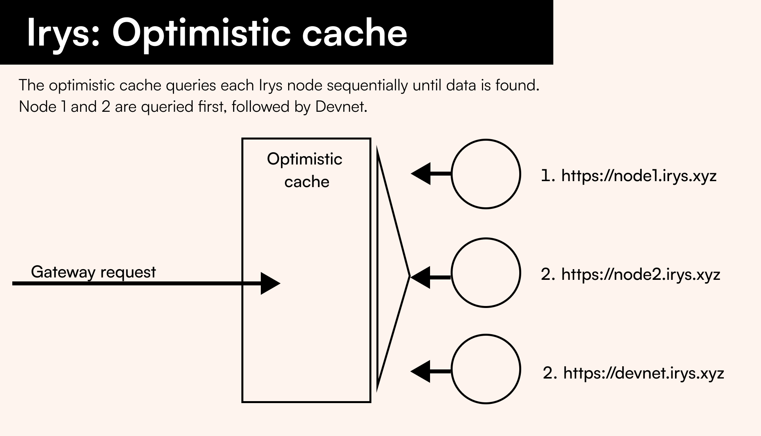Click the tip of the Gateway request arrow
[281, 283]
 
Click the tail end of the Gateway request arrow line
[13, 283]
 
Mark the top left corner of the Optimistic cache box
[242, 138]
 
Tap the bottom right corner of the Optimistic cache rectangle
[371, 402]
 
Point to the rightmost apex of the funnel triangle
[409, 276]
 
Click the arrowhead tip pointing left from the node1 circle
[411, 174]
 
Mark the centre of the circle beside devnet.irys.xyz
[486, 369]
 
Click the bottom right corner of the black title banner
[553, 64]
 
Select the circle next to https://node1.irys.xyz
[486, 174]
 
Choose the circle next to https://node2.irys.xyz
[486, 273]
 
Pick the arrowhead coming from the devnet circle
[421, 371]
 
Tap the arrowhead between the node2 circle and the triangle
[421, 277]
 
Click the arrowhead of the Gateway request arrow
[271, 283]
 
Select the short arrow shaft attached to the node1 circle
[441, 174]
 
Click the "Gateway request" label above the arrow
[94, 272]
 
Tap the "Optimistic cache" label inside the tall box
[305, 170]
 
